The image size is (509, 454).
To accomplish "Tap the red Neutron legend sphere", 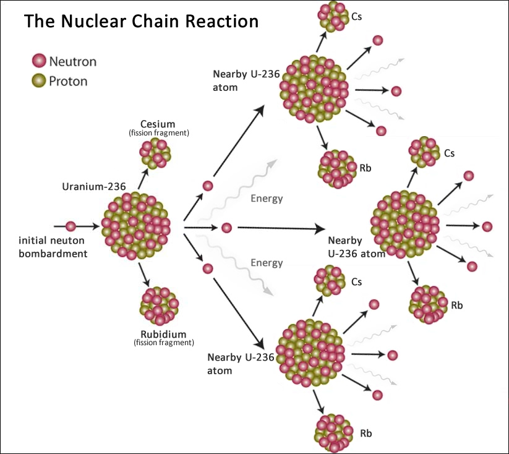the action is tap(39, 61).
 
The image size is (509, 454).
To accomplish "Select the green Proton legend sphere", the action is tap(39, 80).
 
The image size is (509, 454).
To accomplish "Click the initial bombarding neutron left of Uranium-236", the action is tap(71, 226).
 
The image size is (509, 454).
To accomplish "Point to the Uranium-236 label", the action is tap(94, 186).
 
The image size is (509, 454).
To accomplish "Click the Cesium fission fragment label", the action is tap(159, 128).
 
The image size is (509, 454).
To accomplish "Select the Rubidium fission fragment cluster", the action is tap(160, 306).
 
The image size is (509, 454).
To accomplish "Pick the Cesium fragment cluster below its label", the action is tap(155, 153).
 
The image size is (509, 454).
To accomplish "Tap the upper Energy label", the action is tap(267, 199).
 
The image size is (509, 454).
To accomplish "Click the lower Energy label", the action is tap(267, 262).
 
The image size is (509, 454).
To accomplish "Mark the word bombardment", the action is tap(53, 254).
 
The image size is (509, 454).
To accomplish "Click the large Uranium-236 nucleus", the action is tap(135, 226).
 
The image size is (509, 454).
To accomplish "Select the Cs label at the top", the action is tap(356, 17).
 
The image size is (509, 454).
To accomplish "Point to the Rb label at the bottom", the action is tap(366, 433).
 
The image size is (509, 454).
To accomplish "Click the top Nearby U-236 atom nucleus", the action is tap(314, 88).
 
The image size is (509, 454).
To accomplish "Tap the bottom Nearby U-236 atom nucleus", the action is tap(310, 353).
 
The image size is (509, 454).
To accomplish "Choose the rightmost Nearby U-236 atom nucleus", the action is tap(405, 225).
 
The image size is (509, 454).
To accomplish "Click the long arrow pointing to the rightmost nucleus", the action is tap(281, 228).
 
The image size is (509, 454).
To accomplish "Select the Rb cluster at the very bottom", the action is tap(334, 433).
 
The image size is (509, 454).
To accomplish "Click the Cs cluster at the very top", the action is tap(334, 17).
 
